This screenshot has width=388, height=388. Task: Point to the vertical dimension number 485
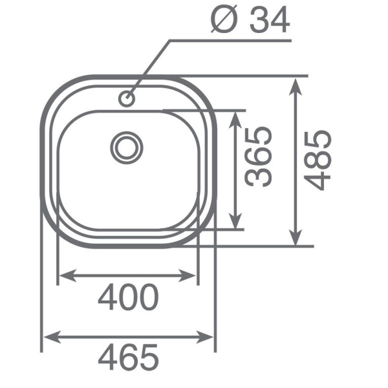319,160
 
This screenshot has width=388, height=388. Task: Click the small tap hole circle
126,99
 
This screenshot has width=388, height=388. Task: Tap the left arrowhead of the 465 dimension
48,337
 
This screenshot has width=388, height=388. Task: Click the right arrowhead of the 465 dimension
209,337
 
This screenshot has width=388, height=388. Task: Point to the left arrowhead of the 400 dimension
64,277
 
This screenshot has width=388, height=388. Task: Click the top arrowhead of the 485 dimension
296,84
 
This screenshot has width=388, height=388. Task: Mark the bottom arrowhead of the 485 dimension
296,240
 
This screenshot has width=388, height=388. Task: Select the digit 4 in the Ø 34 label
279,21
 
